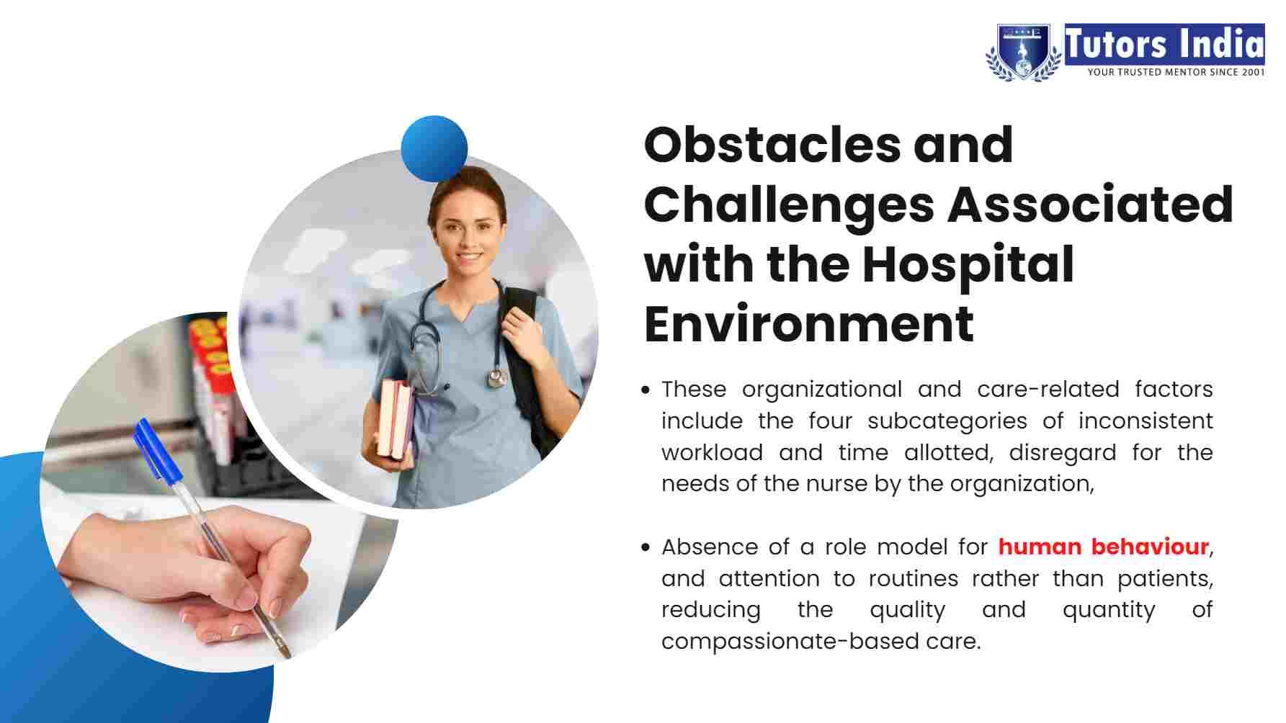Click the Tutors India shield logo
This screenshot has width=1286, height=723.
1024,51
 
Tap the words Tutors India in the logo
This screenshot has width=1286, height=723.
1164,43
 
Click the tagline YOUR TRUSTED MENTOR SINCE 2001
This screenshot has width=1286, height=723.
1175,71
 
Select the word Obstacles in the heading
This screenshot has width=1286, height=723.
772,145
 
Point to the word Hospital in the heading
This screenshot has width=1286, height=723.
968,264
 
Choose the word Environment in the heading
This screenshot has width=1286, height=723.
809,324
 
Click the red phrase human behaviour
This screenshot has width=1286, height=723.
1103,547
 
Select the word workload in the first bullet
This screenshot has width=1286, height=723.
712,452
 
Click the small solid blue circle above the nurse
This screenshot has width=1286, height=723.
434,148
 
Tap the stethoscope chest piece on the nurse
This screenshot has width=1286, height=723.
496,377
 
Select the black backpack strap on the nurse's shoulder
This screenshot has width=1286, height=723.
530,360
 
